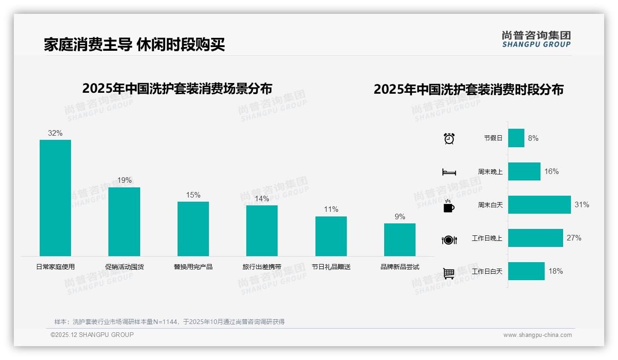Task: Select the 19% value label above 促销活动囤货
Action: coord(124,180)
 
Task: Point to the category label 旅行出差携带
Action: coord(262,267)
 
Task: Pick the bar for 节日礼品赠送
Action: coord(331,236)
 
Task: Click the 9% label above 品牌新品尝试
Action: coord(400,216)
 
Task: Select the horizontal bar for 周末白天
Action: coord(539,204)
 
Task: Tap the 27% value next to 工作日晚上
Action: coord(574,238)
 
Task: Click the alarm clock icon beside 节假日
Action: coord(449,138)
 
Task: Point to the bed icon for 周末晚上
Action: coord(449,172)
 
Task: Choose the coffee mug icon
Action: coord(449,206)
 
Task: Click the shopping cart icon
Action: coord(449,273)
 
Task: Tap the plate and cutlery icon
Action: coord(449,240)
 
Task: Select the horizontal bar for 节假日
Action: coord(516,138)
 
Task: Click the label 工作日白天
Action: coord(487,271)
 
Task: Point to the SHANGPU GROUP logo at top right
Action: coord(536,39)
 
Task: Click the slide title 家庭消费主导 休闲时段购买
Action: coord(134,44)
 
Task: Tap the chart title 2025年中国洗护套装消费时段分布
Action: coord(469,89)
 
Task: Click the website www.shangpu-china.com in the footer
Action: coord(537,335)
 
